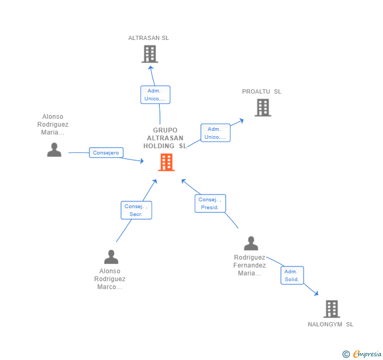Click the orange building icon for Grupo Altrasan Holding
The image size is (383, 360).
(x=166, y=162)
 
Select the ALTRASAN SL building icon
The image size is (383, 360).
(x=150, y=54)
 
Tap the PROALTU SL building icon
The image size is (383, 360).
(x=263, y=108)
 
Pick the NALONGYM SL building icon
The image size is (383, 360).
(x=331, y=308)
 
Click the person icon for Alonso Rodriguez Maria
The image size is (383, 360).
(x=54, y=150)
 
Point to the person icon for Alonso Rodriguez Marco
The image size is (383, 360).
(x=111, y=257)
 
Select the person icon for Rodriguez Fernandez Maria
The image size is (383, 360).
(x=251, y=243)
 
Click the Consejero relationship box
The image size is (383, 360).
(x=106, y=152)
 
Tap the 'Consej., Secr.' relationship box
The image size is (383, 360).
(x=136, y=210)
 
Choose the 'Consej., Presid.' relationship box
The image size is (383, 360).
(x=210, y=203)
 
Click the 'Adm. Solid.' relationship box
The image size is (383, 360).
(x=292, y=275)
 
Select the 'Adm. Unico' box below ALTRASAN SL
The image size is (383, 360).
(x=155, y=95)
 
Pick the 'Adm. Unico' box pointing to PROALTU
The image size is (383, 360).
(x=215, y=133)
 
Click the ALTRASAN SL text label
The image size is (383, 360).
(x=148, y=38)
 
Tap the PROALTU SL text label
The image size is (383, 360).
(x=261, y=91)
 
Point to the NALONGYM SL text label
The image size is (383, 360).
(x=330, y=324)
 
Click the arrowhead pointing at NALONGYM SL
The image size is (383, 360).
(x=316, y=293)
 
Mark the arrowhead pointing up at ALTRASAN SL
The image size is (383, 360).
(x=150, y=68)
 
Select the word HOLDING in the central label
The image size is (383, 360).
(x=159, y=146)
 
